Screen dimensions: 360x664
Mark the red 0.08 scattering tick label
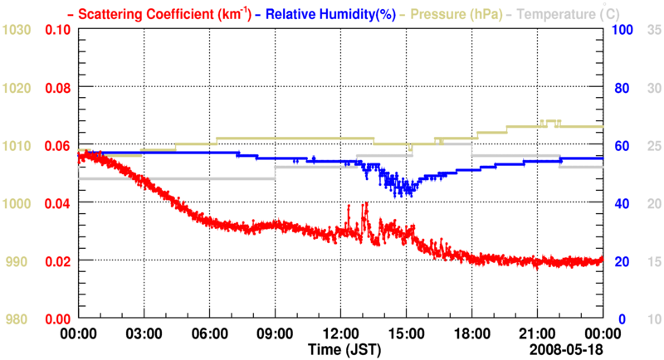point(57,88)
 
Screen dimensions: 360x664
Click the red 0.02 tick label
point(57,261)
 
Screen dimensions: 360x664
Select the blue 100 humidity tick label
point(622,30)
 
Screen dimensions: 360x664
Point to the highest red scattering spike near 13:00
point(366,203)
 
